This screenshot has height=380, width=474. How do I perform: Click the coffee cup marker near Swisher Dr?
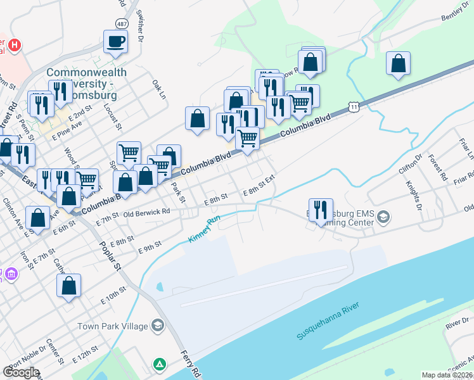[116, 42]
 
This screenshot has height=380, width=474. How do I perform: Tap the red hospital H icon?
[13, 46]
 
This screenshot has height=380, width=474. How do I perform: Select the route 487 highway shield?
[121, 23]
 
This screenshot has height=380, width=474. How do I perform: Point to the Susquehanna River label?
[328, 322]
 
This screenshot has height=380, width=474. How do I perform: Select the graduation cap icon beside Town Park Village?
[157, 326]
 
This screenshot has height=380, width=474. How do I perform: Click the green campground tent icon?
[159, 365]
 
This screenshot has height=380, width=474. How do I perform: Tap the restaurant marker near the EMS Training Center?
[321, 210]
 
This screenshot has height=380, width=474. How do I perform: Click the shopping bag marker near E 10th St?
[68, 286]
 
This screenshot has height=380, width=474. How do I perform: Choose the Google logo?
[22, 372]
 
